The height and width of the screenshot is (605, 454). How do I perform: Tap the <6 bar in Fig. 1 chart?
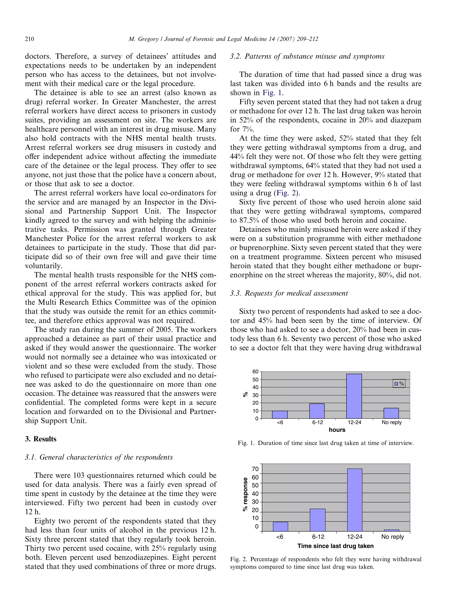[x=280, y=415]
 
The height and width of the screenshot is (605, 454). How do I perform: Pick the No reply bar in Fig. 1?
[x=391, y=413]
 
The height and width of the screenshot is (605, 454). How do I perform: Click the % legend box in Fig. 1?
[x=399, y=383]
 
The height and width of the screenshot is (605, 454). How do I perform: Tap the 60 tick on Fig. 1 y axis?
[x=255, y=372]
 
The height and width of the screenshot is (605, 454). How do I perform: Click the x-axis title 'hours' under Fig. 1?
[x=337, y=430]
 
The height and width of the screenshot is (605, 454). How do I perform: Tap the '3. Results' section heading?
[x=41, y=439]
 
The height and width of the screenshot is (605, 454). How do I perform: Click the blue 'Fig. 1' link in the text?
[x=272, y=93]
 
